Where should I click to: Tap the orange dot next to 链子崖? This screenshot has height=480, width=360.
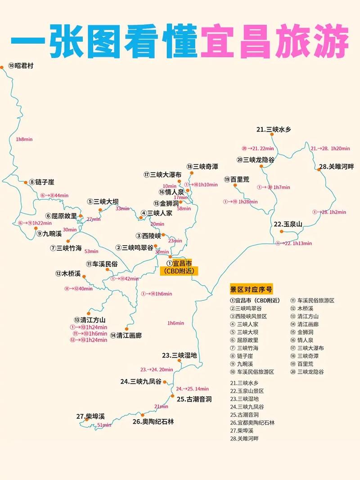click(26, 182)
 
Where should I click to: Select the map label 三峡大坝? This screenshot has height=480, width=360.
click(103, 202)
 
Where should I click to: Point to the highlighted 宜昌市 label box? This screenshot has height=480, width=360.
click(179, 267)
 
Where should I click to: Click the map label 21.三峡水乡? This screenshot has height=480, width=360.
click(274, 130)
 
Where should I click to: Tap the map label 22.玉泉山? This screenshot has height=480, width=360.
click(288, 224)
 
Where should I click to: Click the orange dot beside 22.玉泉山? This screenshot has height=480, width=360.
click(282, 232)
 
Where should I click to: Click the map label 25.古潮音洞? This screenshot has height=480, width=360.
click(194, 399)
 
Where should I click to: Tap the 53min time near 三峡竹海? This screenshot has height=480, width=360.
click(91, 251)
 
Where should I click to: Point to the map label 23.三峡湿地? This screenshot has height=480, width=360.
click(180, 355)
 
